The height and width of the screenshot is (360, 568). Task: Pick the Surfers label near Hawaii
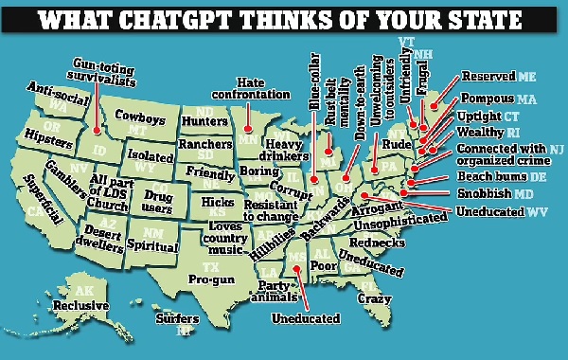pyautogui.click(x=177, y=318)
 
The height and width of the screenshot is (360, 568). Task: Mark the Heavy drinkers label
pyautogui.click(x=286, y=149)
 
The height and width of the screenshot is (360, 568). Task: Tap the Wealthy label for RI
pyautogui.click(x=477, y=133)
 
